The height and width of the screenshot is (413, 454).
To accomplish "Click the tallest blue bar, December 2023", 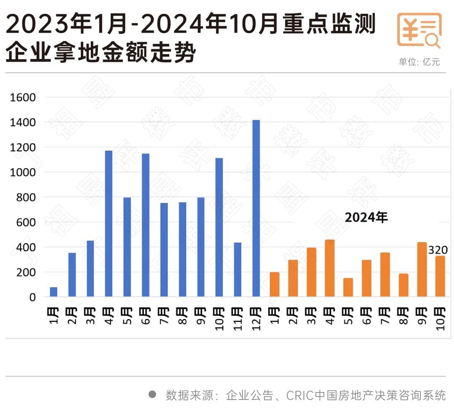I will [256, 208].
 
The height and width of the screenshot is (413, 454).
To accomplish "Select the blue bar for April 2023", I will [108, 223].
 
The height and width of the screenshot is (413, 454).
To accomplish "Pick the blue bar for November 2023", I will [238, 269].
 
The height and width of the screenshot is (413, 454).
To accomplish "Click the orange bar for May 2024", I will [348, 287].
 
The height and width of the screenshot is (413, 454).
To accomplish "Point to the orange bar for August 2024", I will [403, 285].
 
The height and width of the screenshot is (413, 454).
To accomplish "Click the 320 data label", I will [438, 250].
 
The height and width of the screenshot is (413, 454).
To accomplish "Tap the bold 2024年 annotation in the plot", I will [366, 217].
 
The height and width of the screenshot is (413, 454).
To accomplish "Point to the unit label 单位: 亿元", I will [419, 62].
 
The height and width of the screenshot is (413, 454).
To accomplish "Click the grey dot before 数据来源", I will [153, 395].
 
